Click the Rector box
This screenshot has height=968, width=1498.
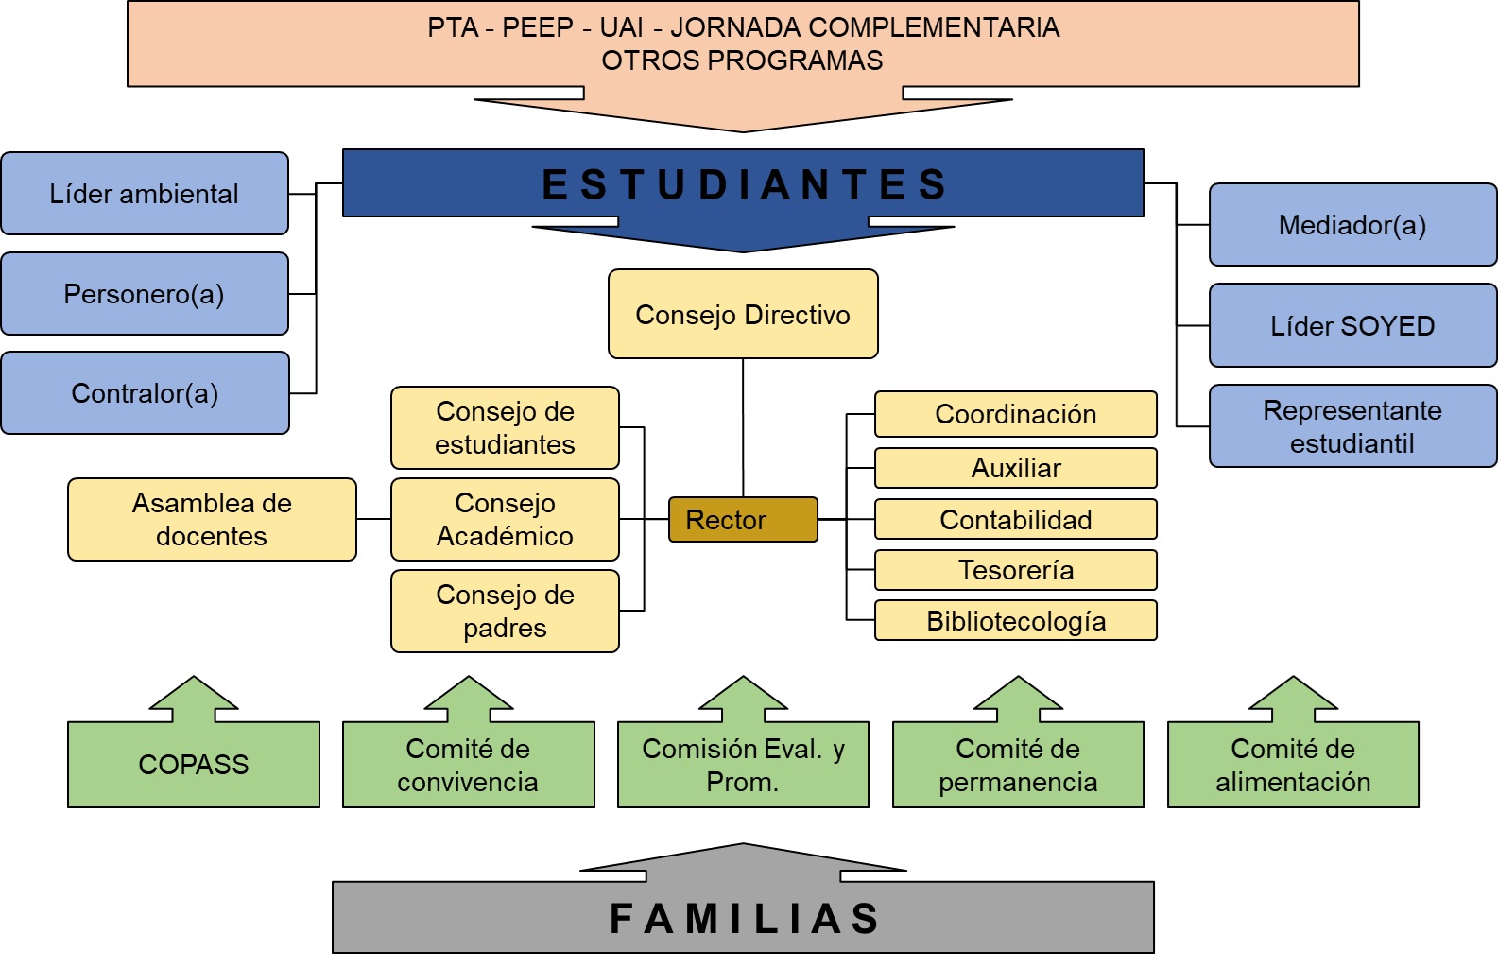click(x=743, y=520)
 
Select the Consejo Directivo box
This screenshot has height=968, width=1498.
click(x=743, y=315)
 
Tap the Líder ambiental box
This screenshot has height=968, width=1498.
click(x=145, y=194)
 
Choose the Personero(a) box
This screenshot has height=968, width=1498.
click(x=145, y=294)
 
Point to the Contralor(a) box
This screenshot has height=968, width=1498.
click(x=145, y=393)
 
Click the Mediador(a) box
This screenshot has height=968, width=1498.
click(x=1352, y=225)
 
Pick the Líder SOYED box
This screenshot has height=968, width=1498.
click(x=1352, y=326)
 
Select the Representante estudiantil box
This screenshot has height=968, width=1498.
click(x=1352, y=426)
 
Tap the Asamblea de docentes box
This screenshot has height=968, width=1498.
click(x=212, y=520)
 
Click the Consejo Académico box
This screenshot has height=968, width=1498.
click(x=505, y=520)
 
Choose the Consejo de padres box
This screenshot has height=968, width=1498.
click(x=505, y=612)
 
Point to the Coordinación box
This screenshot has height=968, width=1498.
click(x=1016, y=414)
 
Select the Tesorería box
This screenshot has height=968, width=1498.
click(x=1016, y=570)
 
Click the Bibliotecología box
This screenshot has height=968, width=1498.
click(x=1016, y=621)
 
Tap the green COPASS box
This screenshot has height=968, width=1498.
click(x=194, y=765)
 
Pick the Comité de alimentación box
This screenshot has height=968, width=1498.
click(x=1293, y=765)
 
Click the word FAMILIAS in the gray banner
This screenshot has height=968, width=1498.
click(x=745, y=919)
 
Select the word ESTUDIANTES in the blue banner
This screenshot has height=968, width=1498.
click(x=745, y=184)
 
